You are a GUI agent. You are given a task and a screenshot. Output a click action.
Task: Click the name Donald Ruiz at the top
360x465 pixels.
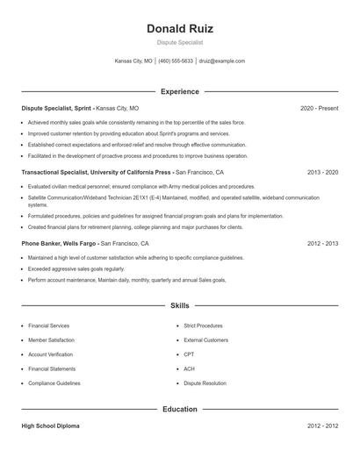179,28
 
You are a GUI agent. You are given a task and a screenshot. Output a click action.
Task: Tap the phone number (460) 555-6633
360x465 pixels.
176,61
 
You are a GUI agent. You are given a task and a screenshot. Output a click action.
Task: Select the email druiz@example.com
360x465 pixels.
222,61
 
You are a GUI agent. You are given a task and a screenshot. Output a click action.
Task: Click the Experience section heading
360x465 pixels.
179,91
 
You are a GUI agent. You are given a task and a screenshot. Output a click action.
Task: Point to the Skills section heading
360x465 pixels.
179,306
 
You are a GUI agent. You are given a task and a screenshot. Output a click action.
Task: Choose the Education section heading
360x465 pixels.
179,409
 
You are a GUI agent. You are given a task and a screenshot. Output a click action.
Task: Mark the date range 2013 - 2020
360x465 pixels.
322,173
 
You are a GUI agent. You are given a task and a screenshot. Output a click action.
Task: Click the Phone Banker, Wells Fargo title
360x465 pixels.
59,243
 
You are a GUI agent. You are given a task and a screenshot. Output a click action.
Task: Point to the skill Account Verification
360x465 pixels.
51,354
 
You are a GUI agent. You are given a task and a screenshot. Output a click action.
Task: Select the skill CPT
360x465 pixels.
189,354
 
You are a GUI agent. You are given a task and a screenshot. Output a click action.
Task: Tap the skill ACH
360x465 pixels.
189,368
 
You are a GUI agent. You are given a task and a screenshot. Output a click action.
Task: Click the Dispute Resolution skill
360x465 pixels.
205,383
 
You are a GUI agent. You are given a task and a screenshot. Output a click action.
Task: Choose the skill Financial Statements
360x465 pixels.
51,368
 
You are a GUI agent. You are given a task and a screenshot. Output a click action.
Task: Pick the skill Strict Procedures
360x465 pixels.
204,325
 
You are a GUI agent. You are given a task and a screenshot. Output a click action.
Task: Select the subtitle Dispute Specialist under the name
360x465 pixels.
179,42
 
